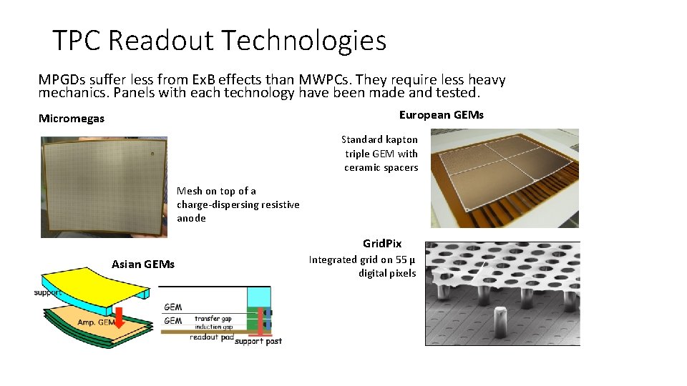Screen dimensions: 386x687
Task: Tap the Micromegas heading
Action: [x=72, y=119]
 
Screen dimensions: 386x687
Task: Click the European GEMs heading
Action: [x=441, y=115]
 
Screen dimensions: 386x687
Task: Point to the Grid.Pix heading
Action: [x=382, y=244]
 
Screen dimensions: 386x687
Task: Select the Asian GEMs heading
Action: [x=143, y=264]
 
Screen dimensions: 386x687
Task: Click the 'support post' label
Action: [x=258, y=341]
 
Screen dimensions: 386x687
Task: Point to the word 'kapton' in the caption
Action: [x=401, y=139]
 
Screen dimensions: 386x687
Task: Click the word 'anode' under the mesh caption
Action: [x=191, y=218]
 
